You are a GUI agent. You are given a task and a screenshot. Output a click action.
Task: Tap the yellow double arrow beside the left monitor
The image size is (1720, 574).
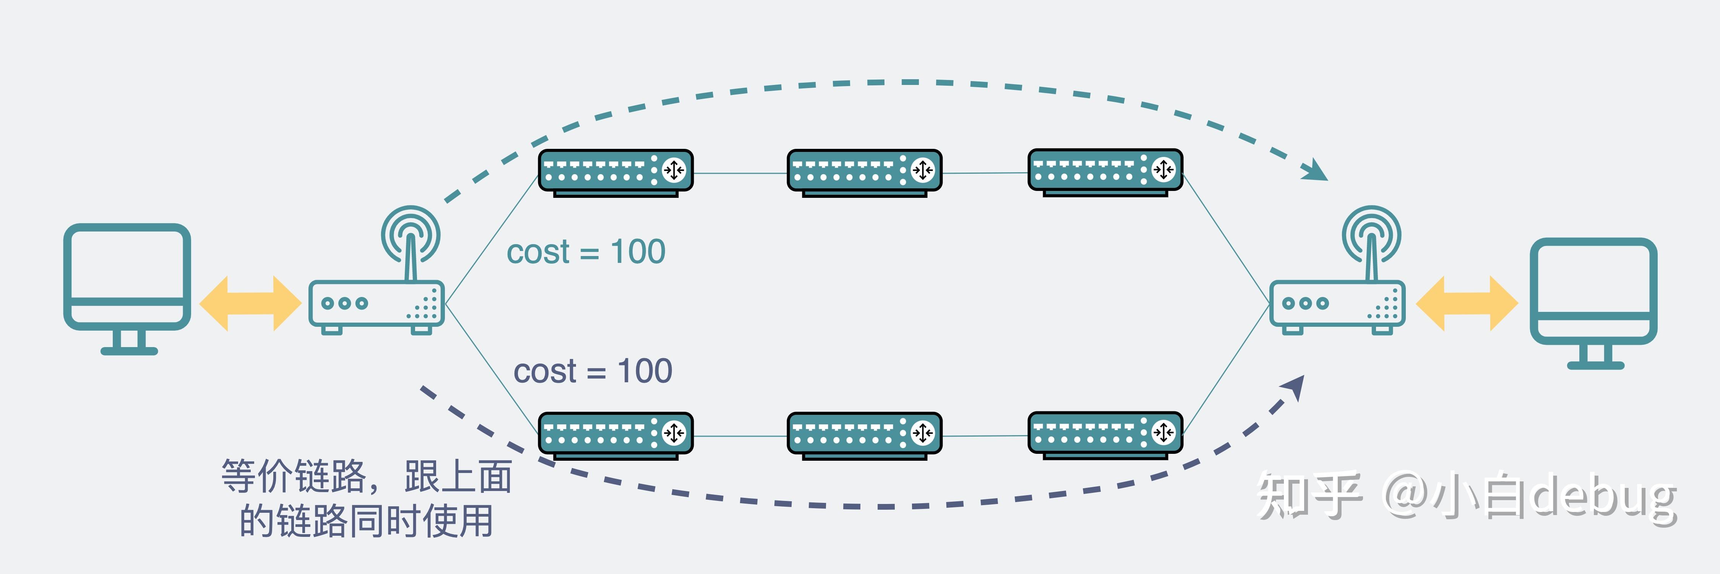click(x=250, y=303)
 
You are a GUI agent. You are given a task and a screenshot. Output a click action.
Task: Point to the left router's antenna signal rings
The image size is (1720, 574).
click(x=411, y=234)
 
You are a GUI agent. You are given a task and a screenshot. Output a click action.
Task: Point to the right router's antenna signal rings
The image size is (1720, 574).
click(x=1371, y=234)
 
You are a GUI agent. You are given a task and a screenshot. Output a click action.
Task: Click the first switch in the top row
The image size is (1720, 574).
click(x=616, y=173)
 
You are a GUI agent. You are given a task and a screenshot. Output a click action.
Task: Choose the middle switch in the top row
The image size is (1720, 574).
click(x=865, y=173)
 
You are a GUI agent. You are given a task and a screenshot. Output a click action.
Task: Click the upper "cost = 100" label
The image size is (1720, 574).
click(x=586, y=252)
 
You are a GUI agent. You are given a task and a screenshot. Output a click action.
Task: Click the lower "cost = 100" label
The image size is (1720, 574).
click(x=593, y=371)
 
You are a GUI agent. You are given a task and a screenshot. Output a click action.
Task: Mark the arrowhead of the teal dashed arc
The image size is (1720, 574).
click(x=1315, y=170)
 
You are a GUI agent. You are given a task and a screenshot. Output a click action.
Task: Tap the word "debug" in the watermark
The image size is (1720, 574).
click(x=1603, y=496)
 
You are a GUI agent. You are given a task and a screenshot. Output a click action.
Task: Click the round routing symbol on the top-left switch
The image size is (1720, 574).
click(x=674, y=170)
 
